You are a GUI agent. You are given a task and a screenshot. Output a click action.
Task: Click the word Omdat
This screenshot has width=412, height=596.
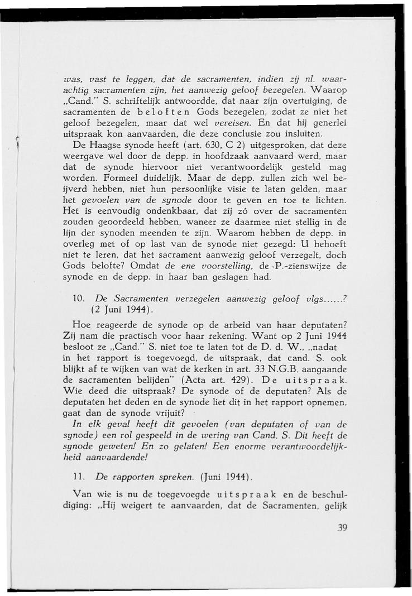[142, 267]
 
